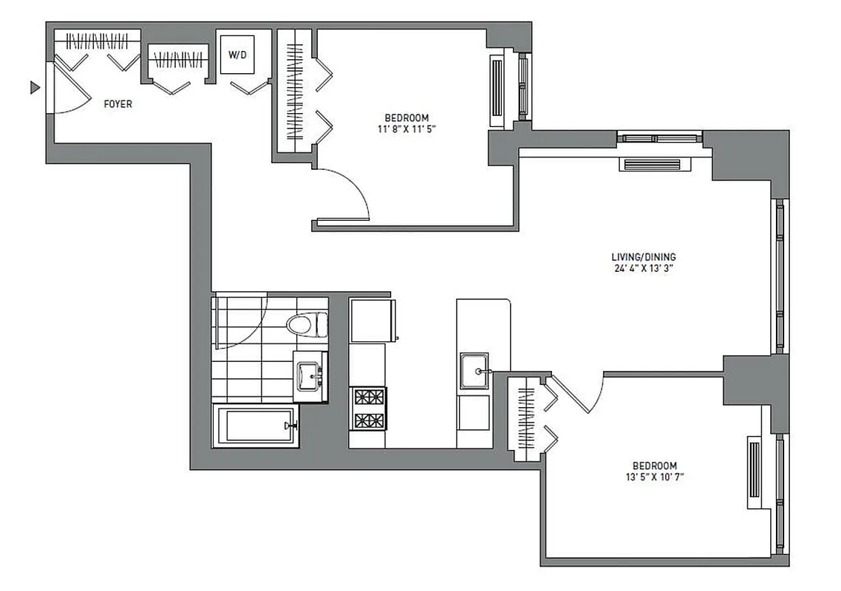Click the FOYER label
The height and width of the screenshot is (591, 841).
coord(118,104)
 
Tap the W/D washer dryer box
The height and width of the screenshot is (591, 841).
coord(237,55)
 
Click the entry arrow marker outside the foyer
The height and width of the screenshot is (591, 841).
coord(33,88)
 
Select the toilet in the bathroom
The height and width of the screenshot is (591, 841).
coord(307,324)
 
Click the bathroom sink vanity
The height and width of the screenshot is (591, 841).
coord(310,376)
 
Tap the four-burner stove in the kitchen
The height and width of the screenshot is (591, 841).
coord(368,409)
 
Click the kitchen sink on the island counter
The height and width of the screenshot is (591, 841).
coord(473,372)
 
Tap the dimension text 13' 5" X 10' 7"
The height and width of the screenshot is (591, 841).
coord(654,477)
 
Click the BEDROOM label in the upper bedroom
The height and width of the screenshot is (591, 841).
coord(406,117)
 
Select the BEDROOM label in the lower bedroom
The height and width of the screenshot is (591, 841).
coord(654,465)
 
